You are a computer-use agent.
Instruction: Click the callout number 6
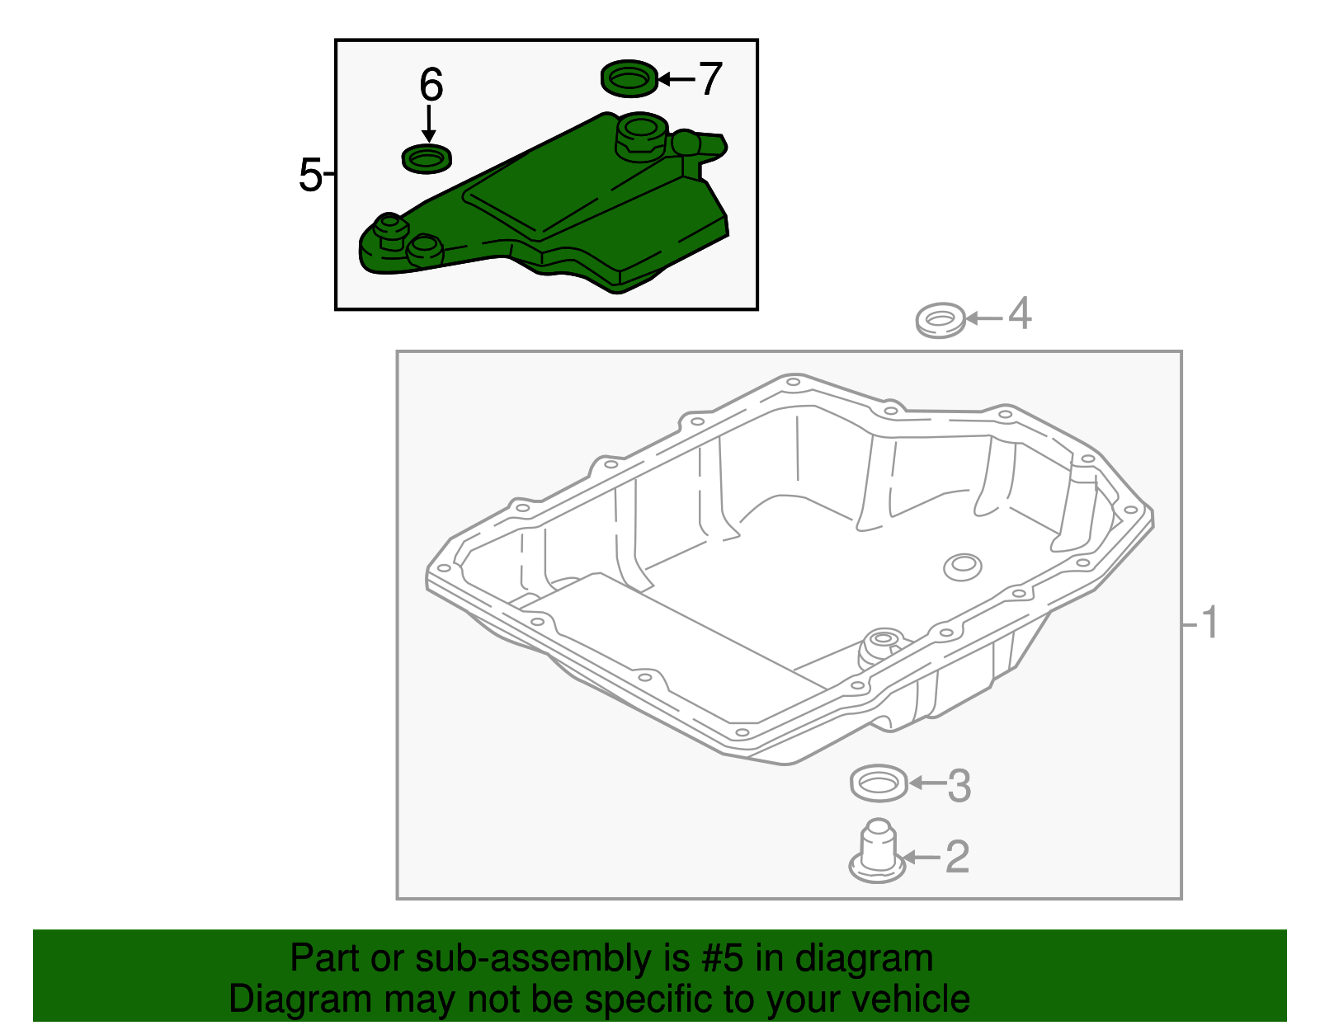pos(431,86)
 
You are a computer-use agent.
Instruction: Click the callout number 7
pos(710,79)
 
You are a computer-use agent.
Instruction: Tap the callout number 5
pos(310,175)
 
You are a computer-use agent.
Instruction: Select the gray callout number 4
pos(1020,314)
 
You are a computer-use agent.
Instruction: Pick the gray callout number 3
pos(959,785)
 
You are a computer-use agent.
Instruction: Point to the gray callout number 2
pos(956,857)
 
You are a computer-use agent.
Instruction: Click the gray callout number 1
pos(1209,623)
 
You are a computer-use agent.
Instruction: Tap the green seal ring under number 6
pos(427,158)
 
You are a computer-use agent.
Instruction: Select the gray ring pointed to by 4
pos(940,320)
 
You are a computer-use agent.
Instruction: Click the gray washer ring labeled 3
pos(879,783)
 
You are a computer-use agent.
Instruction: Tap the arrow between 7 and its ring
pos(676,79)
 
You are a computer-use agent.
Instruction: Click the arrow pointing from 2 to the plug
pos(922,858)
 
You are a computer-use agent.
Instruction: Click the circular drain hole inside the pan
pos(962,567)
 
